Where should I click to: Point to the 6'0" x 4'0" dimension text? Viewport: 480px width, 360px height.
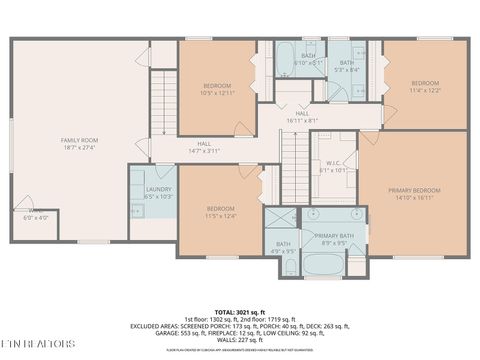coord(22,217)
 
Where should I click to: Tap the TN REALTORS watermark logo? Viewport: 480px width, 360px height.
coord(38,343)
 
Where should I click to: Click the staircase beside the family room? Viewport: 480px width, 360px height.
coord(163,99)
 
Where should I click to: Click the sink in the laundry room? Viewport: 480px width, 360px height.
coord(136,209)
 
